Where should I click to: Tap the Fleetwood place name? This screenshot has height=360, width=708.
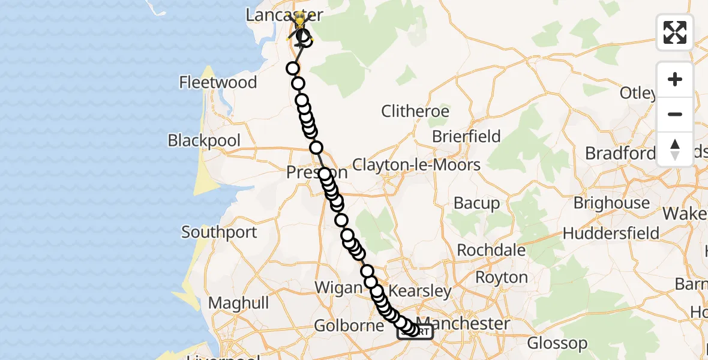point(218,82)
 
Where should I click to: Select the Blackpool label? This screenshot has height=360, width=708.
point(204,140)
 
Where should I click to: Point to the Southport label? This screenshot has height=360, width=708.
point(219,232)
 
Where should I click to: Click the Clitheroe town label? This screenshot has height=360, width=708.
point(415,111)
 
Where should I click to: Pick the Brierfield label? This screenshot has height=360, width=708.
point(466,136)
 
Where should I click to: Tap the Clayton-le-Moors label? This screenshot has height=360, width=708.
point(416,164)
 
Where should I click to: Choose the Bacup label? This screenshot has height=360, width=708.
point(476,203)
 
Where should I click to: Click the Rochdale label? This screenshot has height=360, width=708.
point(491,250)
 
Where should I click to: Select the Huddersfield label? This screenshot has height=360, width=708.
point(611,233)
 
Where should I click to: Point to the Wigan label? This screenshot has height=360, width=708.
point(338,287)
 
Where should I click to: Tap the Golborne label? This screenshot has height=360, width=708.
point(349,326)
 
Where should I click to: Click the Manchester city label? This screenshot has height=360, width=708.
point(471,323)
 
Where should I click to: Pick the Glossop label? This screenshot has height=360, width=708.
point(557,344)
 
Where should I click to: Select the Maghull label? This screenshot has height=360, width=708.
point(239,304)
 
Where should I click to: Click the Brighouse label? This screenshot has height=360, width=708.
point(611,203)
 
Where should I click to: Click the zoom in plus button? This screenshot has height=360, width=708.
point(675,79)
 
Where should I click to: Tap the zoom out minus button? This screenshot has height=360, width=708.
point(675,114)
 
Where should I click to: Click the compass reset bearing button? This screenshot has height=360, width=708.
point(675,149)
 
